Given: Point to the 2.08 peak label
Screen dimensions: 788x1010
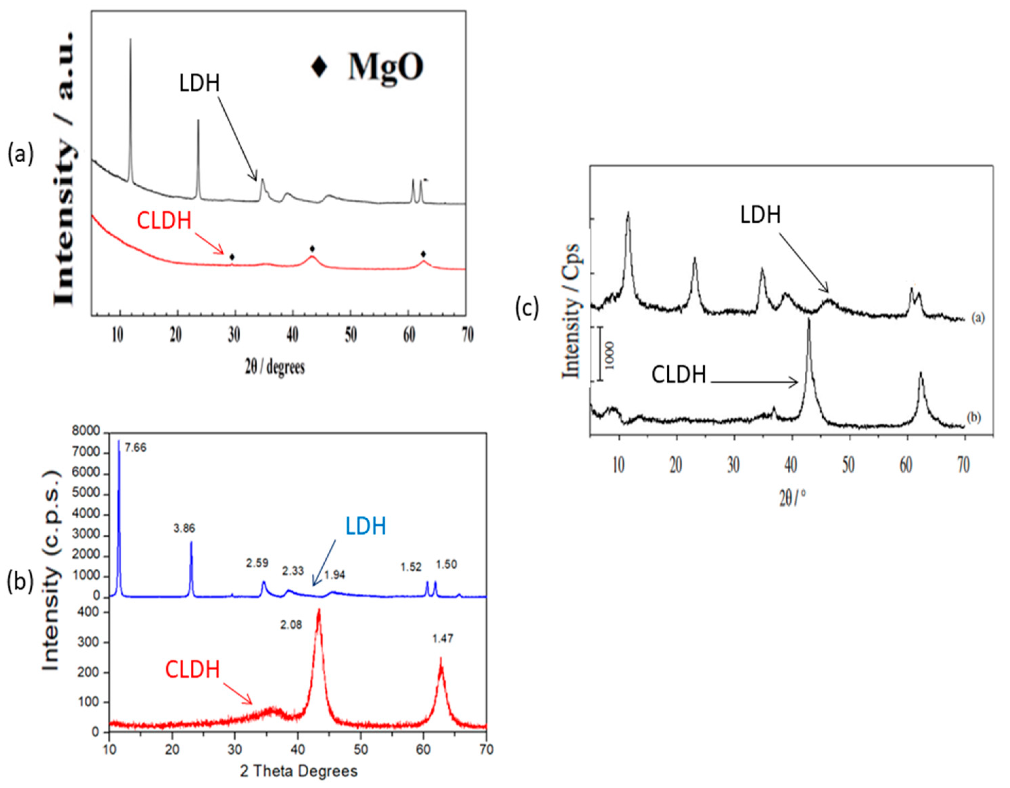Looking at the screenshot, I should (x=291, y=625).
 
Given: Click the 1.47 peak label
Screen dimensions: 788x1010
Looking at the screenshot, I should (x=443, y=639).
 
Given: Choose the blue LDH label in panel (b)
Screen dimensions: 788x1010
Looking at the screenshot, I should (x=366, y=526).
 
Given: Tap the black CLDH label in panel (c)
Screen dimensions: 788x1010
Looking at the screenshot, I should (x=679, y=375).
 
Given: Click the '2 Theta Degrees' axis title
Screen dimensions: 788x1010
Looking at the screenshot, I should (x=299, y=771).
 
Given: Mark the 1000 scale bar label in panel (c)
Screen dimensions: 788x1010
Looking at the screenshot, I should (x=610, y=355).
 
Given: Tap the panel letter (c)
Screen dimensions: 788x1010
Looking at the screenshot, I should (x=527, y=308).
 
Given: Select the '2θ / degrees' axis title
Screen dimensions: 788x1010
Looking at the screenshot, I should (x=275, y=367).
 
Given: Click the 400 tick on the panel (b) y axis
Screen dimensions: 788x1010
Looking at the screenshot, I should (x=90, y=613).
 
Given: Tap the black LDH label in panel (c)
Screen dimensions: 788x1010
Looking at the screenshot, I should (x=760, y=215).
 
